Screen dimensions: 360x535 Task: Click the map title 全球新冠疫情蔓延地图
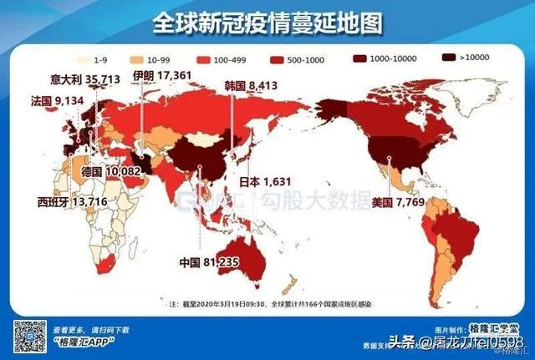tap(267, 23)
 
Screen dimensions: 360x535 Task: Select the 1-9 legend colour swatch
tap(85, 60)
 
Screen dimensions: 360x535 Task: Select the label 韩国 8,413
tap(251, 87)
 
